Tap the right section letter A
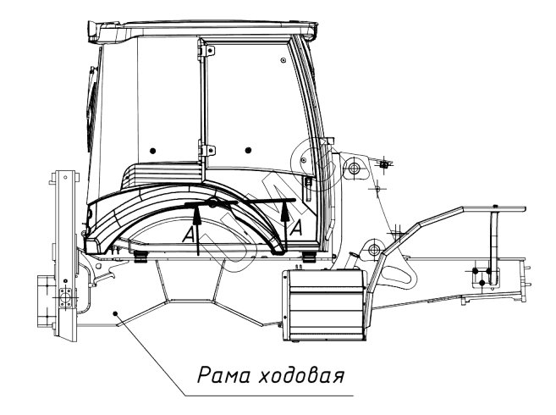point(297,227)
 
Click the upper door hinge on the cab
point(201,53)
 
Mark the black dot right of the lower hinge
point(247,150)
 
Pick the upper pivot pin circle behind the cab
point(353,170)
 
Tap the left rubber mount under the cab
point(140,254)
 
